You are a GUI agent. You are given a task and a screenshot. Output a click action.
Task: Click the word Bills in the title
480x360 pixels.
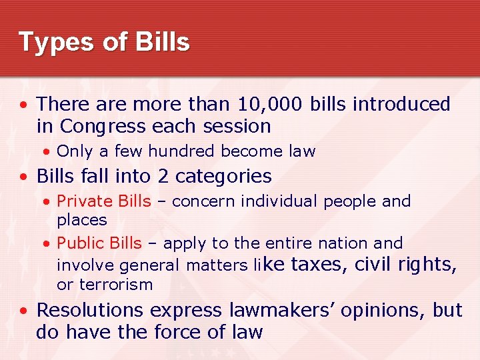(x=163, y=41)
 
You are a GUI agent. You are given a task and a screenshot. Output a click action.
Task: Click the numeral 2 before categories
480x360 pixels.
(x=163, y=176)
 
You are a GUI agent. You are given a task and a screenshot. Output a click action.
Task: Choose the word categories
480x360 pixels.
(x=223, y=177)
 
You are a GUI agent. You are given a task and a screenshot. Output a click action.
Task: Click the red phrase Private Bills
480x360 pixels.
(x=104, y=201)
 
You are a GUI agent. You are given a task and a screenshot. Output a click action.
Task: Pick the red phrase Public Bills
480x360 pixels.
(x=99, y=243)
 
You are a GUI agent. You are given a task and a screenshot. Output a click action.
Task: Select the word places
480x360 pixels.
(x=82, y=220)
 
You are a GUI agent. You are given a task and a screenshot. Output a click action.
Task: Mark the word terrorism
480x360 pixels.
(x=116, y=285)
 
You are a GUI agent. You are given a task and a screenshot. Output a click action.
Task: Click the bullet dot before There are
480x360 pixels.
(x=24, y=105)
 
